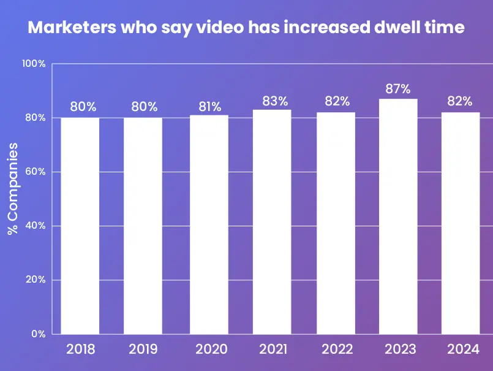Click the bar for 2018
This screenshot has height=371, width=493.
(x=80, y=226)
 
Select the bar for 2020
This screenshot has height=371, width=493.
(x=209, y=224)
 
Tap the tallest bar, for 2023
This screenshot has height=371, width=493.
(x=397, y=216)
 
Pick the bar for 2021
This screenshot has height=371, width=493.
(x=272, y=222)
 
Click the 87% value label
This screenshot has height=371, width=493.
(x=397, y=90)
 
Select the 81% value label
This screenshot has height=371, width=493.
(x=209, y=107)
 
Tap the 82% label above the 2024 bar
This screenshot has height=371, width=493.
(x=459, y=101)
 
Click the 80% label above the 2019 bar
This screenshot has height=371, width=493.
(x=143, y=107)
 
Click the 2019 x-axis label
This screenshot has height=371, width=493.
(x=143, y=350)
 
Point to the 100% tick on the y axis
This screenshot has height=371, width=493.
(x=34, y=64)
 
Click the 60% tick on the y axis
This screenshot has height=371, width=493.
(x=35, y=172)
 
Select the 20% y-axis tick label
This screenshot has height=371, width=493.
(x=35, y=280)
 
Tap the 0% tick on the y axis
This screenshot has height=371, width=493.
(x=38, y=334)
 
